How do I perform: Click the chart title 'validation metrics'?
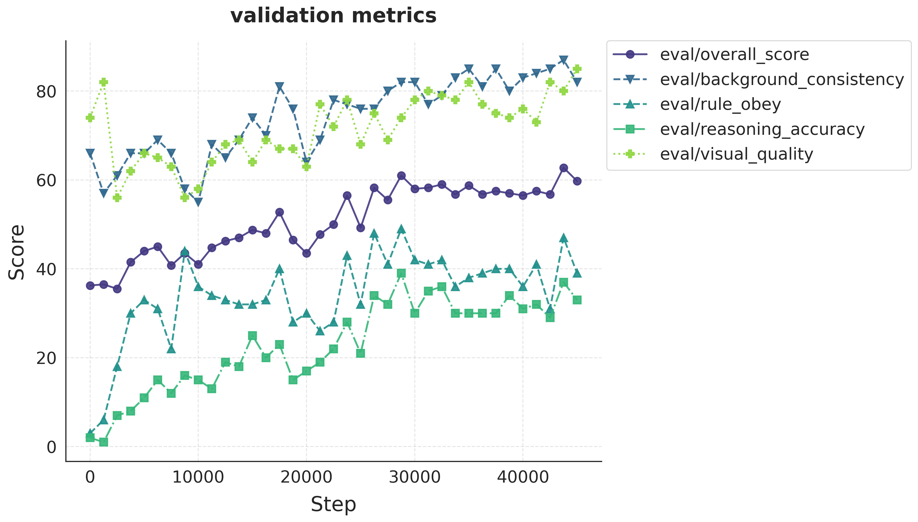click(x=333, y=16)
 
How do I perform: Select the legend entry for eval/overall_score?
click(x=734, y=54)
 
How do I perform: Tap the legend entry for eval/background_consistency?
click(x=782, y=79)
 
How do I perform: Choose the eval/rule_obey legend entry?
click(x=720, y=104)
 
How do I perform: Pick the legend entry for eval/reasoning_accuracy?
click(x=762, y=129)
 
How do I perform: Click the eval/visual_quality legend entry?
click(x=736, y=154)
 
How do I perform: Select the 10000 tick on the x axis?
click(x=198, y=477)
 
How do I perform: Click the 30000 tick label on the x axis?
click(x=415, y=477)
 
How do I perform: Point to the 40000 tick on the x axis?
click(x=523, y=477)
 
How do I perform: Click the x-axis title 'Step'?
click(x=333, y=505)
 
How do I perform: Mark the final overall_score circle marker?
click(x=577, y=181)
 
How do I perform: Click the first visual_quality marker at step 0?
click(x=90, y=118)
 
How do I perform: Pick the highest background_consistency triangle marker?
click(x=563, y=60)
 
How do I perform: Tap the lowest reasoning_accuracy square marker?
click(x=104, y=442)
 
